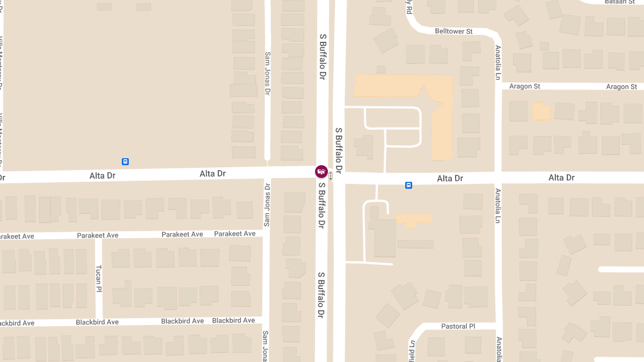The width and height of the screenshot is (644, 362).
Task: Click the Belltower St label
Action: pos(453,32)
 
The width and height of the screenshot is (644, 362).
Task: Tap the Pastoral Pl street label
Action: pos(458,326)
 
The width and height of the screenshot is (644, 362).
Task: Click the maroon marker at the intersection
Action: pos(321,171)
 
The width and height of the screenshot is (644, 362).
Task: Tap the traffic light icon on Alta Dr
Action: pos(331,175)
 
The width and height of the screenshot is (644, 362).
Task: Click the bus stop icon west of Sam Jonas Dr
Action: pos(125,161)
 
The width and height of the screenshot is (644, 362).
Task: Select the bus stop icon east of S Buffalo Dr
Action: pos(408,186)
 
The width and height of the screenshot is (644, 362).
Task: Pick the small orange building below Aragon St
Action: pos(541,112)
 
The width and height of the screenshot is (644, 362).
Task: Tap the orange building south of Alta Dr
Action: pos(414,219)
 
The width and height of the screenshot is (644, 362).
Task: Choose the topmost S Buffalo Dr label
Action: pos(323,56)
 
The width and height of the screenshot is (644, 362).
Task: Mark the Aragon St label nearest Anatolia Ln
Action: pos(524,86)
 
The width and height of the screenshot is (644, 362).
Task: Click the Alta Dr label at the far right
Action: pos(561,178)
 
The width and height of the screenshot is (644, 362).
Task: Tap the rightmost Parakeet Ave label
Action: pos(235,234)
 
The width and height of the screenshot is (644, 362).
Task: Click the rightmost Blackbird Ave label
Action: pos(233,321)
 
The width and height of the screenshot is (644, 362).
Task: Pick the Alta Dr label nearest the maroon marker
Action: pos(213,174)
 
